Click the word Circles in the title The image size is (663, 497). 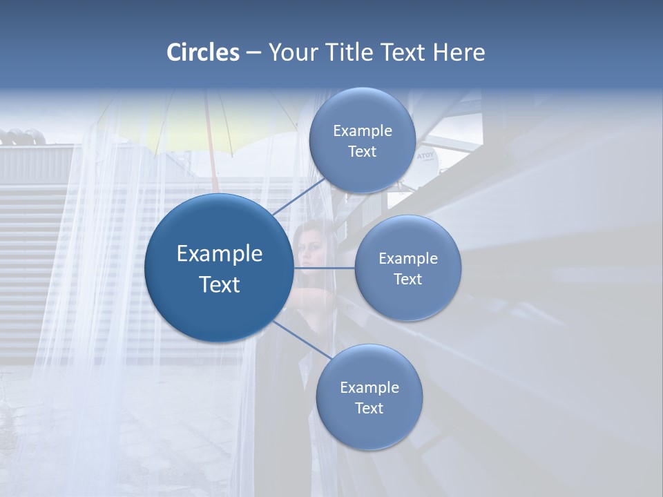pyautogui.click(x=203, y=52)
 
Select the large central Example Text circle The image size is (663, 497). pyautogui.click(x=219, y=268)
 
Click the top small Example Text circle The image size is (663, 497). pyautogui.click(x=362, y=140)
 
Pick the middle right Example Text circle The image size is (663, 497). pyautogui.click(x=407, y=268)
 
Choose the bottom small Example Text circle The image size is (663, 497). pyautogui.click(x=369, y=397)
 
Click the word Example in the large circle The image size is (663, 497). pyautogui.click(x=219, y=253)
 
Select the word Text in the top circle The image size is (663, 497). pyautogui.click(x=362, y=151)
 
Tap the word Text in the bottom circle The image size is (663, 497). pyautogui.click(x=369, y=408)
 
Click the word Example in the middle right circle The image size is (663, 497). pyautogui.click(x=407, y=258)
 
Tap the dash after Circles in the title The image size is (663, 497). pyautogui.click(x=253, y=53)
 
